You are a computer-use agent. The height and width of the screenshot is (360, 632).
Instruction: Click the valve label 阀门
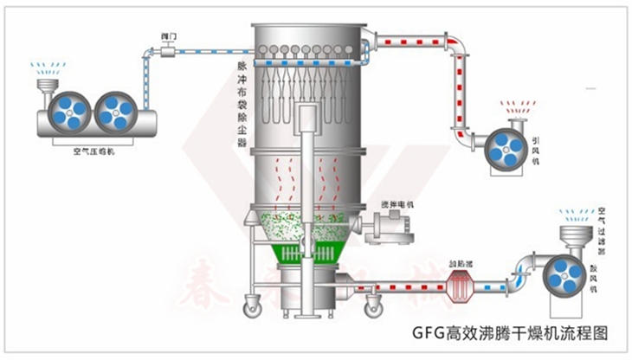point(168,36)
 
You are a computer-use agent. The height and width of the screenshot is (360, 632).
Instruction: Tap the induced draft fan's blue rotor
point(501,148)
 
